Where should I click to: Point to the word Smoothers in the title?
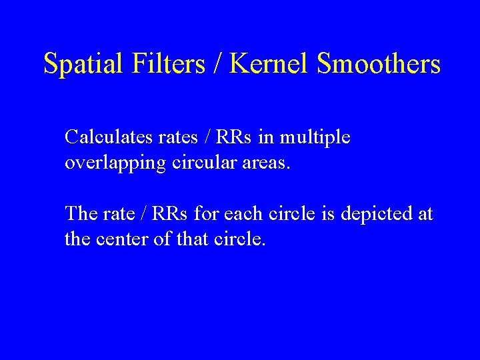pos(379,64)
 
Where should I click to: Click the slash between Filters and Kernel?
pos(219,64)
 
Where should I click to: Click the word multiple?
pos(315,138)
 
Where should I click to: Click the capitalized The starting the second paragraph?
pos(80,214)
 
